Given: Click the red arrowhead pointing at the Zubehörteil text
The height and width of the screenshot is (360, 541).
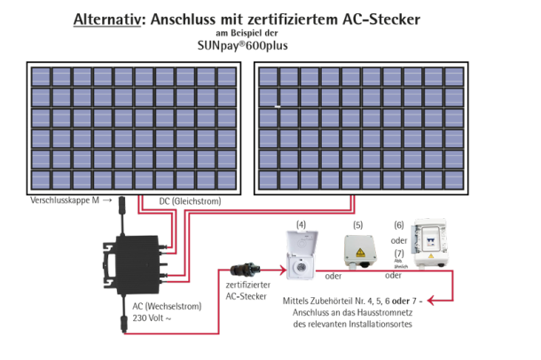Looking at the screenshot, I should pos(431,301).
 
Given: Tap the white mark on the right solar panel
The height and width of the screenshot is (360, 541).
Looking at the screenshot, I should pos(278,107).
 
